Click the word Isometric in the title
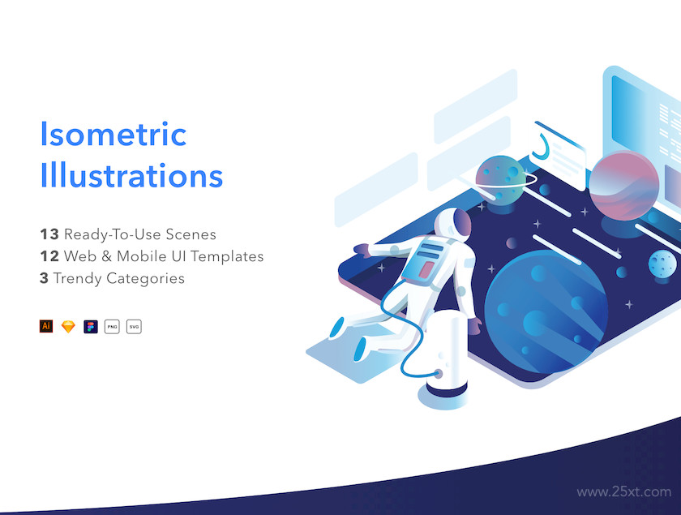tap(113, 134)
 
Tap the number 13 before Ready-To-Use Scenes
tap(49, 234)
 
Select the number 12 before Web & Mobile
tap(49, 256)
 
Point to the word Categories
tap(145, 278)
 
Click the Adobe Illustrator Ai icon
tap(46, 326)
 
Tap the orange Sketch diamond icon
tap(68, 326)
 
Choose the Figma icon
tap(91, 326)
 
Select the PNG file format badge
tap(112, 326)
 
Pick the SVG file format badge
tap(134, 326)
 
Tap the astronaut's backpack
tap(424, 260)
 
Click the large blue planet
tap(546, 311)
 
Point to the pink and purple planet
tap(624, 186)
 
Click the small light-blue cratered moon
tap(662, 264)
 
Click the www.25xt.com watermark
tap(623, 492)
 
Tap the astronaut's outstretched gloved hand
tap(362, 251)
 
